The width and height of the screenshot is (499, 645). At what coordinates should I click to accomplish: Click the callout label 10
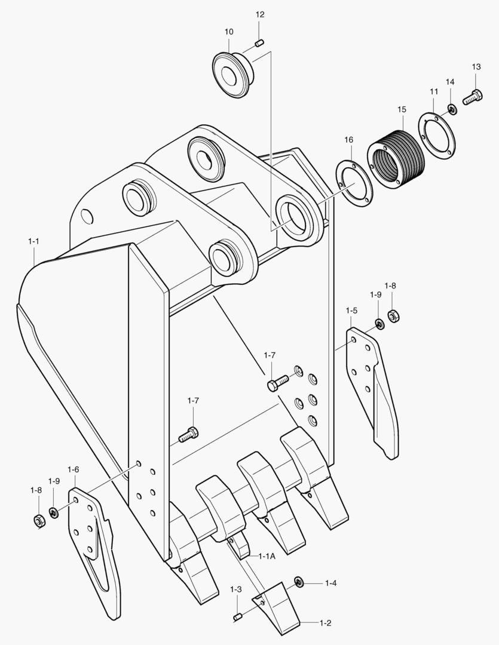click(229, 31)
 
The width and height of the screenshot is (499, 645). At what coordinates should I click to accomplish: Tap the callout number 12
click(260, 14)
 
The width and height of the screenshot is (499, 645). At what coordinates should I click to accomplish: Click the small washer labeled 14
click(452, 109)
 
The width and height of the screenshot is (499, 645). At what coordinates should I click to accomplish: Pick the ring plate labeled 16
click(354, 182)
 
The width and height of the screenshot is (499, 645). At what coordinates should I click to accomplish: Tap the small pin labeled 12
click(260, 43)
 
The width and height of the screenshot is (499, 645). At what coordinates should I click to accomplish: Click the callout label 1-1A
click(267, 556)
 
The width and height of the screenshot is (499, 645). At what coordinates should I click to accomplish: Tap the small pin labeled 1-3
click(237, 616)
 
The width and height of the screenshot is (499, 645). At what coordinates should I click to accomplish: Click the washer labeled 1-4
click(298, 582)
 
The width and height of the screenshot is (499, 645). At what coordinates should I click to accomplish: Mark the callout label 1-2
click(325, 623)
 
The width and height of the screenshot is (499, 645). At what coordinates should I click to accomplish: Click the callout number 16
click(348, 140)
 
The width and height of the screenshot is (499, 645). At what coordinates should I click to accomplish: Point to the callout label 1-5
click(351, 311)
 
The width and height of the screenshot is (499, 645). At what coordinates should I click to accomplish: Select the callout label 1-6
click(73, 470)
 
